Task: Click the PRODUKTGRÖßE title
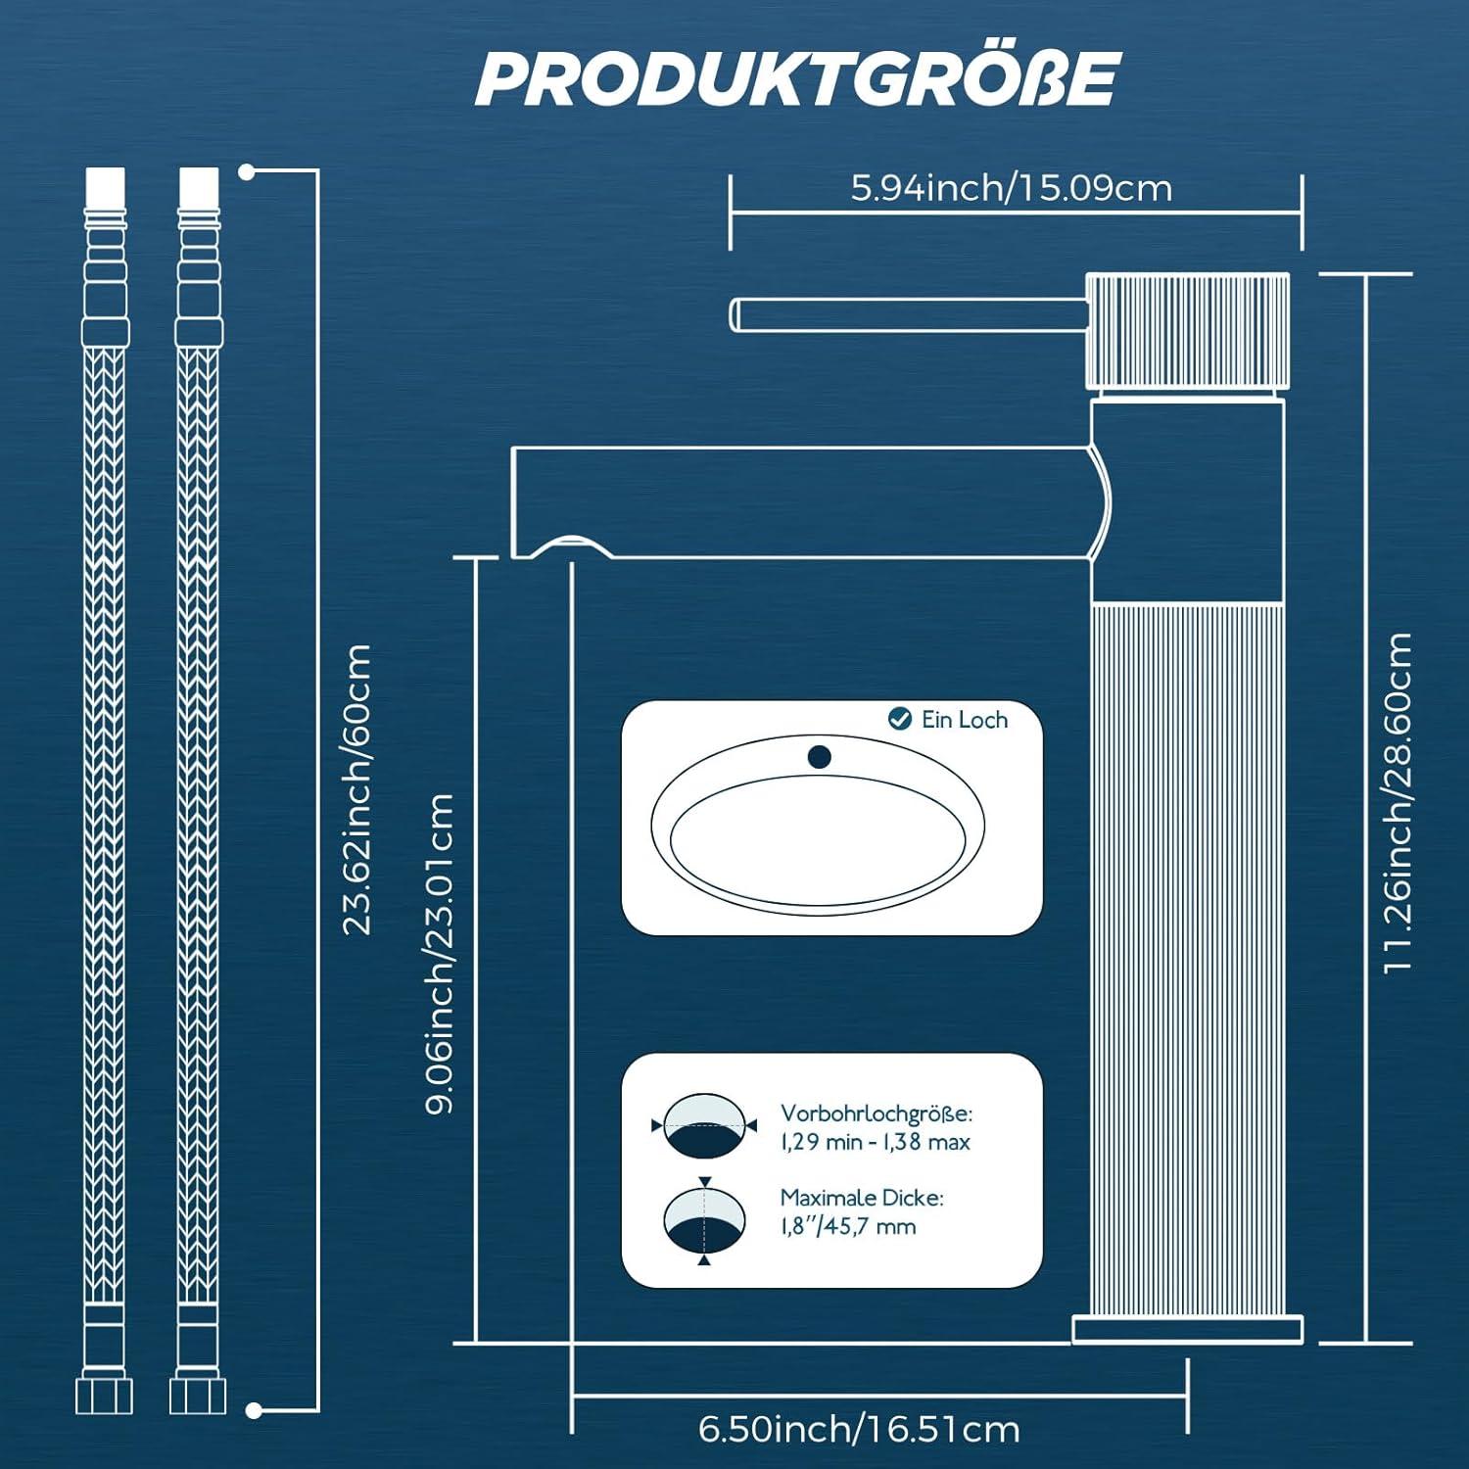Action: [797, 78]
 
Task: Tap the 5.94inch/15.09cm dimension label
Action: [1011, 188]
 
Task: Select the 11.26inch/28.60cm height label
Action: [1398, 802]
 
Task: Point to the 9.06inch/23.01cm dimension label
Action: [441, 953]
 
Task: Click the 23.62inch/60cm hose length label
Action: [356, 788]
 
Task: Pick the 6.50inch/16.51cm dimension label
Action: [859, 1429]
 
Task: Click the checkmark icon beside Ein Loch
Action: [899, 719]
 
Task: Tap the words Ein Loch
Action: [964, 720]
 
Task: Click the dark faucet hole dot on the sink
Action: [820, 756]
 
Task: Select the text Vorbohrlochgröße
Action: [876, 1114]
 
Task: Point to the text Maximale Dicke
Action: [862, 1198]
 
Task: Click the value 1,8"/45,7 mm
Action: [848, 1226]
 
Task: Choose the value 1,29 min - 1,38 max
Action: [875, 1142]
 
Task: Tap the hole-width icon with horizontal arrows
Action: [704, 1126]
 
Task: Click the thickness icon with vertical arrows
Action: [704, 1219]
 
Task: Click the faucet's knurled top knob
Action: [1187, 330]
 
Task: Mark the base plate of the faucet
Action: [1187, 1329]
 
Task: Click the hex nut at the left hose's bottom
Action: [104, 1395]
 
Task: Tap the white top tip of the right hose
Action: [199, 186]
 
